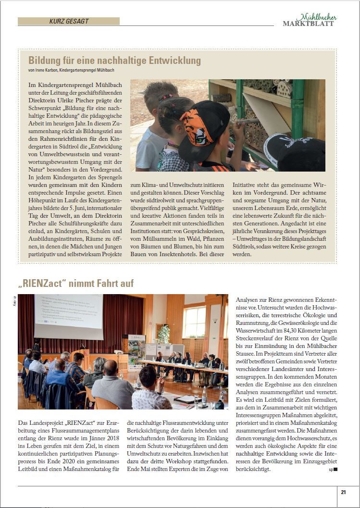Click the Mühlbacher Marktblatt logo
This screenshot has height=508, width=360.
point(309,20)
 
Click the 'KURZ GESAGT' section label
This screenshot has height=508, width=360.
point(69,21)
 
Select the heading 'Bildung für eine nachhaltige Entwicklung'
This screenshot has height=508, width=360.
point(114,61)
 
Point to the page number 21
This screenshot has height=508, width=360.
point(343,492)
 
